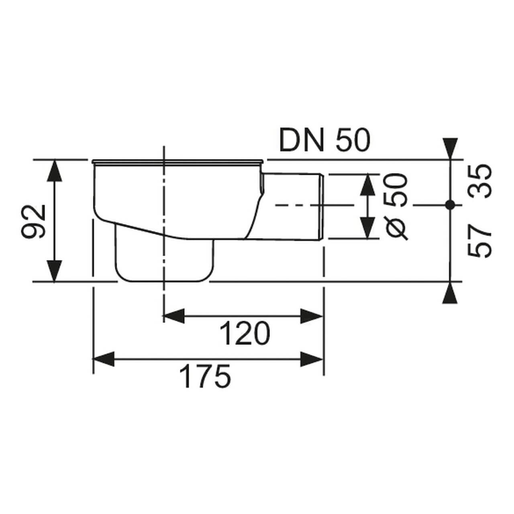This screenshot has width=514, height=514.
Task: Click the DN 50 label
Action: [x=324, y=141]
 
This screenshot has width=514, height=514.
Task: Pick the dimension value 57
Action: [x=480, y=241]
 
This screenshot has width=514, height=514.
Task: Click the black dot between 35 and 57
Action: [x=450, y=205]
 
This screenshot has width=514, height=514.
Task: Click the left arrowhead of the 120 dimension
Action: [x=175, y=316]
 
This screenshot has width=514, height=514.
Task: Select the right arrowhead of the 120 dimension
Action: [x=312, y=316]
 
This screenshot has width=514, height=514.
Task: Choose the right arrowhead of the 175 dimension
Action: [x=312, y=359]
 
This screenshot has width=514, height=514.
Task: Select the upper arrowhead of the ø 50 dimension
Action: [x=366, y=185]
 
